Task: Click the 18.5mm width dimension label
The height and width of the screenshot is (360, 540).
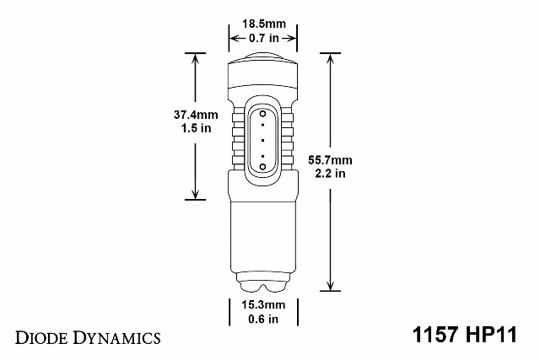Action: tap(264, 24)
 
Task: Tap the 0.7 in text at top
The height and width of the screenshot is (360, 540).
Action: tap(264, 38)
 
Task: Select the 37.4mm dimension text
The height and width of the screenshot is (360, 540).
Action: tap(196, 115)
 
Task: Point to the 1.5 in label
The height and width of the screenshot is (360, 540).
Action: tap(196, 128)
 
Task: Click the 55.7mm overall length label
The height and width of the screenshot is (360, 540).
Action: tap(330, 160)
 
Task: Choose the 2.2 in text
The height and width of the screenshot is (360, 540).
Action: tap(330, 174)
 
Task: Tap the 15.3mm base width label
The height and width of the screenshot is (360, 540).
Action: tap(263, 305)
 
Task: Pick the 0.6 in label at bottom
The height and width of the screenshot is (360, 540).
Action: tap(263, 319)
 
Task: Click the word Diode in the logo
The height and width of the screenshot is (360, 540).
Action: tap(41, 337)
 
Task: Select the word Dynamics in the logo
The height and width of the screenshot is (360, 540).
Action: tap(117, 338)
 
